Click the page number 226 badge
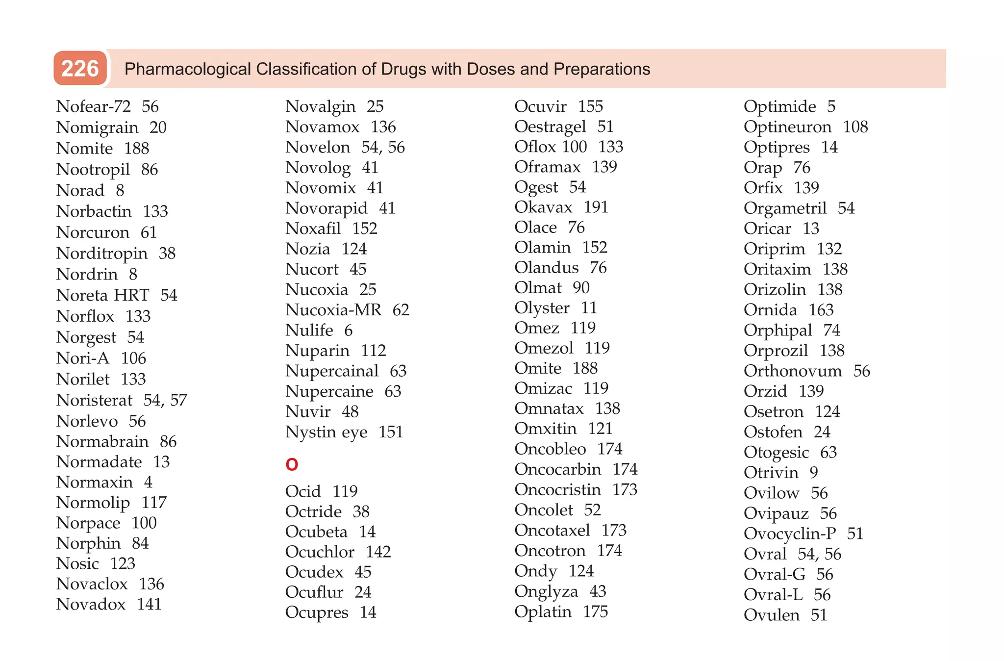80,69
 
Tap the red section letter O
292,464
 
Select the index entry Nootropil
93,170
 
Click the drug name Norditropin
102,254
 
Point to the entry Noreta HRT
102,295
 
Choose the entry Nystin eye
326,432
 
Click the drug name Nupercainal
332,371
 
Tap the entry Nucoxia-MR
333,310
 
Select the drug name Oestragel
550,127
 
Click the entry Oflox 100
551,147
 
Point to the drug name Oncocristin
557,489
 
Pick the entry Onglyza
546,591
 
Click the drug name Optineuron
787,127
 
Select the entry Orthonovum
793,371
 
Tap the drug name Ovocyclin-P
790,534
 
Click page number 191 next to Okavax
596,207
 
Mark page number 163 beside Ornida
821,310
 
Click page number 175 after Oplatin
595,611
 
